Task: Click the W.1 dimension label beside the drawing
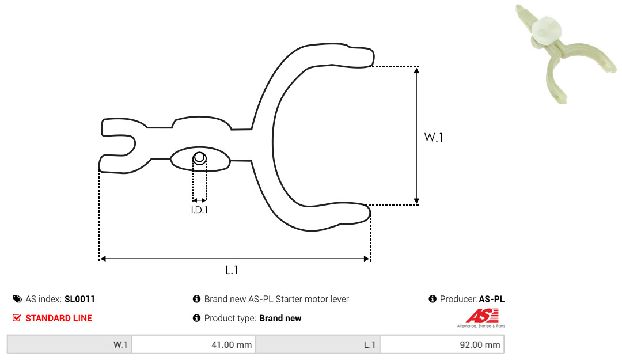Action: coord(434,137)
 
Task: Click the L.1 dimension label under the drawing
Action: coord(232,270)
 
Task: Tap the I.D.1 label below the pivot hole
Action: coord(199,210)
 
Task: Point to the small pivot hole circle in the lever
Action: coord(199,158)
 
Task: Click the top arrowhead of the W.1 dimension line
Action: coord(416,71)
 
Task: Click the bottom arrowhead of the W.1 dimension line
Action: coord(416,201)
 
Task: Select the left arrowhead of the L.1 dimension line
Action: coord(103,259)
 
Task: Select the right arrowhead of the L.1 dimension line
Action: coord(366,259)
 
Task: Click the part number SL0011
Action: coord(79,299)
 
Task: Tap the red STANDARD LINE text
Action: coord(59,319)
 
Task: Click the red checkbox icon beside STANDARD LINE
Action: coord(17,318)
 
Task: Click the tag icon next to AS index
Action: coord(17,299)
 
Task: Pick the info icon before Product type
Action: coord(196,318)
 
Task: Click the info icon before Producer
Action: coord(433,299)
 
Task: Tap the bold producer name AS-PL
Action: coord(491,299)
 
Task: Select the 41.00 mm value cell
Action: coord(194,344)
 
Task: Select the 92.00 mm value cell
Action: coord(442,344)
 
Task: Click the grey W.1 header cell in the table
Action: coord(70,344)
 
